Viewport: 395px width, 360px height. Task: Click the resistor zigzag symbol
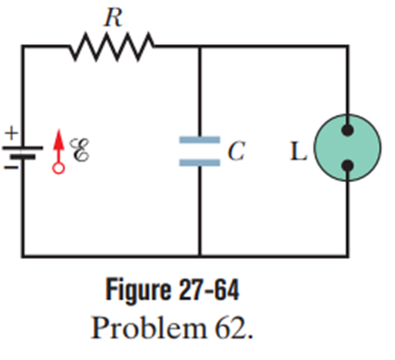[111, 46]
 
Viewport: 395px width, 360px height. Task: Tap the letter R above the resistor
[113, 18]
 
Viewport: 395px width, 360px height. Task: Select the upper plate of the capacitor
[199, 140]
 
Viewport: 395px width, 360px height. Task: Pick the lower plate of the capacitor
[199, 162]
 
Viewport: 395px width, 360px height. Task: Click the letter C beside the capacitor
[237, 151]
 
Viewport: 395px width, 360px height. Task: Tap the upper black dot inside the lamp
[348, 130]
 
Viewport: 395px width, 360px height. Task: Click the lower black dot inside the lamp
[348, 165]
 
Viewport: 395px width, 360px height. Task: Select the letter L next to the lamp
[299, 151]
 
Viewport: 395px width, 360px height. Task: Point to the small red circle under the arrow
[58, 168]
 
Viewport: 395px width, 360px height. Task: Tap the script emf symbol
[79, 150]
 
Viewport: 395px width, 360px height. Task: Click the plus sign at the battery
[11, 133]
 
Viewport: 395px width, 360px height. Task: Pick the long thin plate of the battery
[23, 149]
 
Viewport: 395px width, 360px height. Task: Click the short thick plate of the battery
[23, 157]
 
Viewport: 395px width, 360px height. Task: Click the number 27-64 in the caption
[209, 289]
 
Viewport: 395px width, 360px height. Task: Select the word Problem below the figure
[149, 329]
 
